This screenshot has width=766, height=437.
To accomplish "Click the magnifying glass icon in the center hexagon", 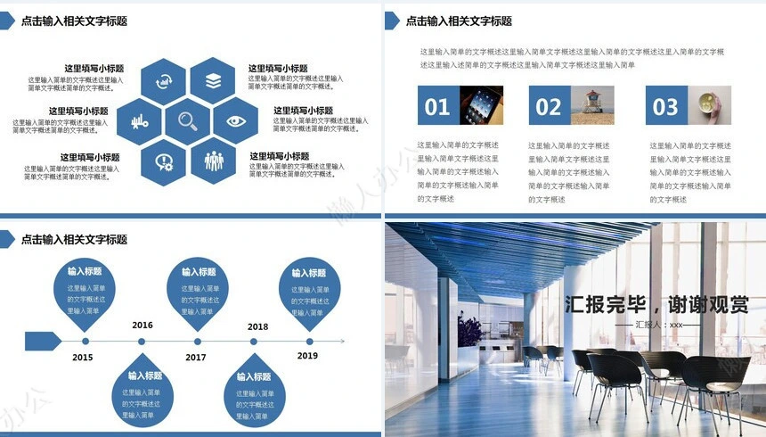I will coord(187,120).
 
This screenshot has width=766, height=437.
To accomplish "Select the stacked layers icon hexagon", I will coord(213,80).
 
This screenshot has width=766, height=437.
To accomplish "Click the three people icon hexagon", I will coord(214,161).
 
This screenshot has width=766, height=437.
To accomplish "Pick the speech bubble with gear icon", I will coord(164,161).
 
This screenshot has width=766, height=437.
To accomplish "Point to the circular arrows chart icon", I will coord(164,80).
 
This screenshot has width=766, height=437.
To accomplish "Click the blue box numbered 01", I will coord(437,107).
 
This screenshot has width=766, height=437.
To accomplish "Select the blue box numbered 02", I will coord(549,107).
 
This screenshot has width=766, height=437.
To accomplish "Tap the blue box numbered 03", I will coord(665,107).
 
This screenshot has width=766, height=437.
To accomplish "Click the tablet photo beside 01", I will coord(481,105).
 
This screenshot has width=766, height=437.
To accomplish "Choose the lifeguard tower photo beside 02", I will coord(592,105).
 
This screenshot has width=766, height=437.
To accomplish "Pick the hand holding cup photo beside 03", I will coord(709,105).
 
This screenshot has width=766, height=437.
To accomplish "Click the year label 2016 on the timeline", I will coord(143,326).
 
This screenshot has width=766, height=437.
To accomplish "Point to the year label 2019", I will coord(307,356).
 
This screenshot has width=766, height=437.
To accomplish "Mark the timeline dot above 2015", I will coord(86,341).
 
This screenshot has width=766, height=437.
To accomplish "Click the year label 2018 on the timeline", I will coord(257,327).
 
